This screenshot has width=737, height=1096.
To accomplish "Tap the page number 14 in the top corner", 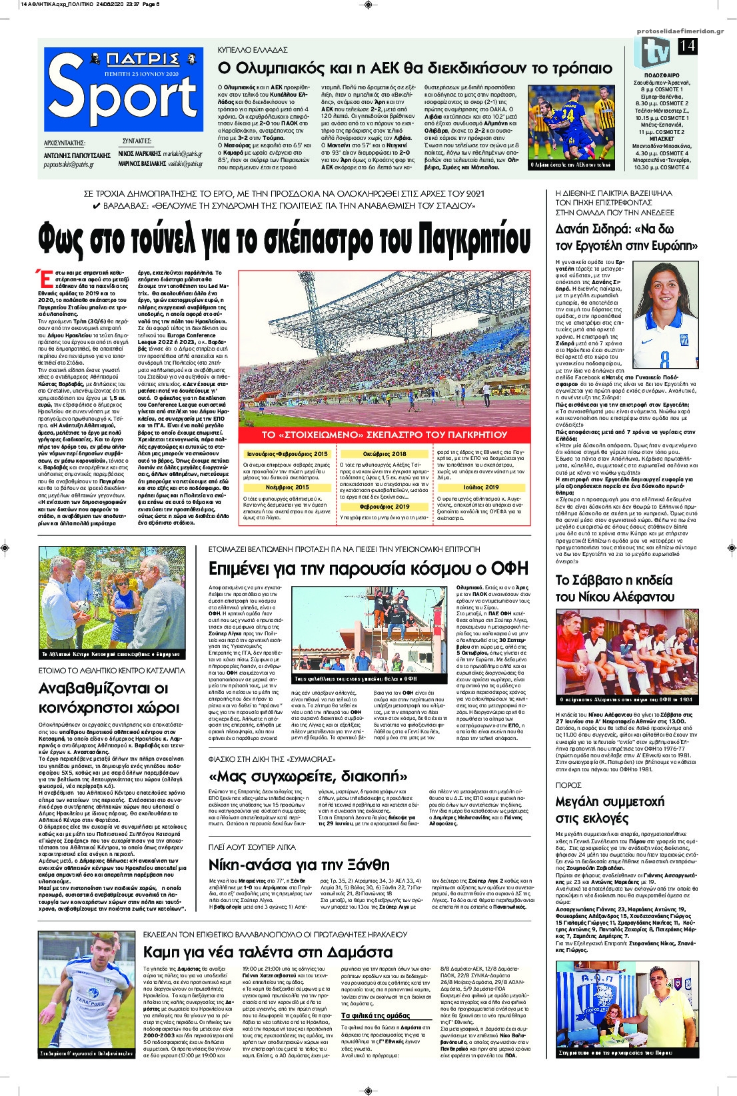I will click(x=686, y=47).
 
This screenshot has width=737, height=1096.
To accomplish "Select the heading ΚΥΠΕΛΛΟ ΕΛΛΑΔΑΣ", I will click(x=253, y=50).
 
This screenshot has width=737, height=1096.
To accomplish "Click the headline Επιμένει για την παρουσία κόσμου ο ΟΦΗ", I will click(x=359, y=568).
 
